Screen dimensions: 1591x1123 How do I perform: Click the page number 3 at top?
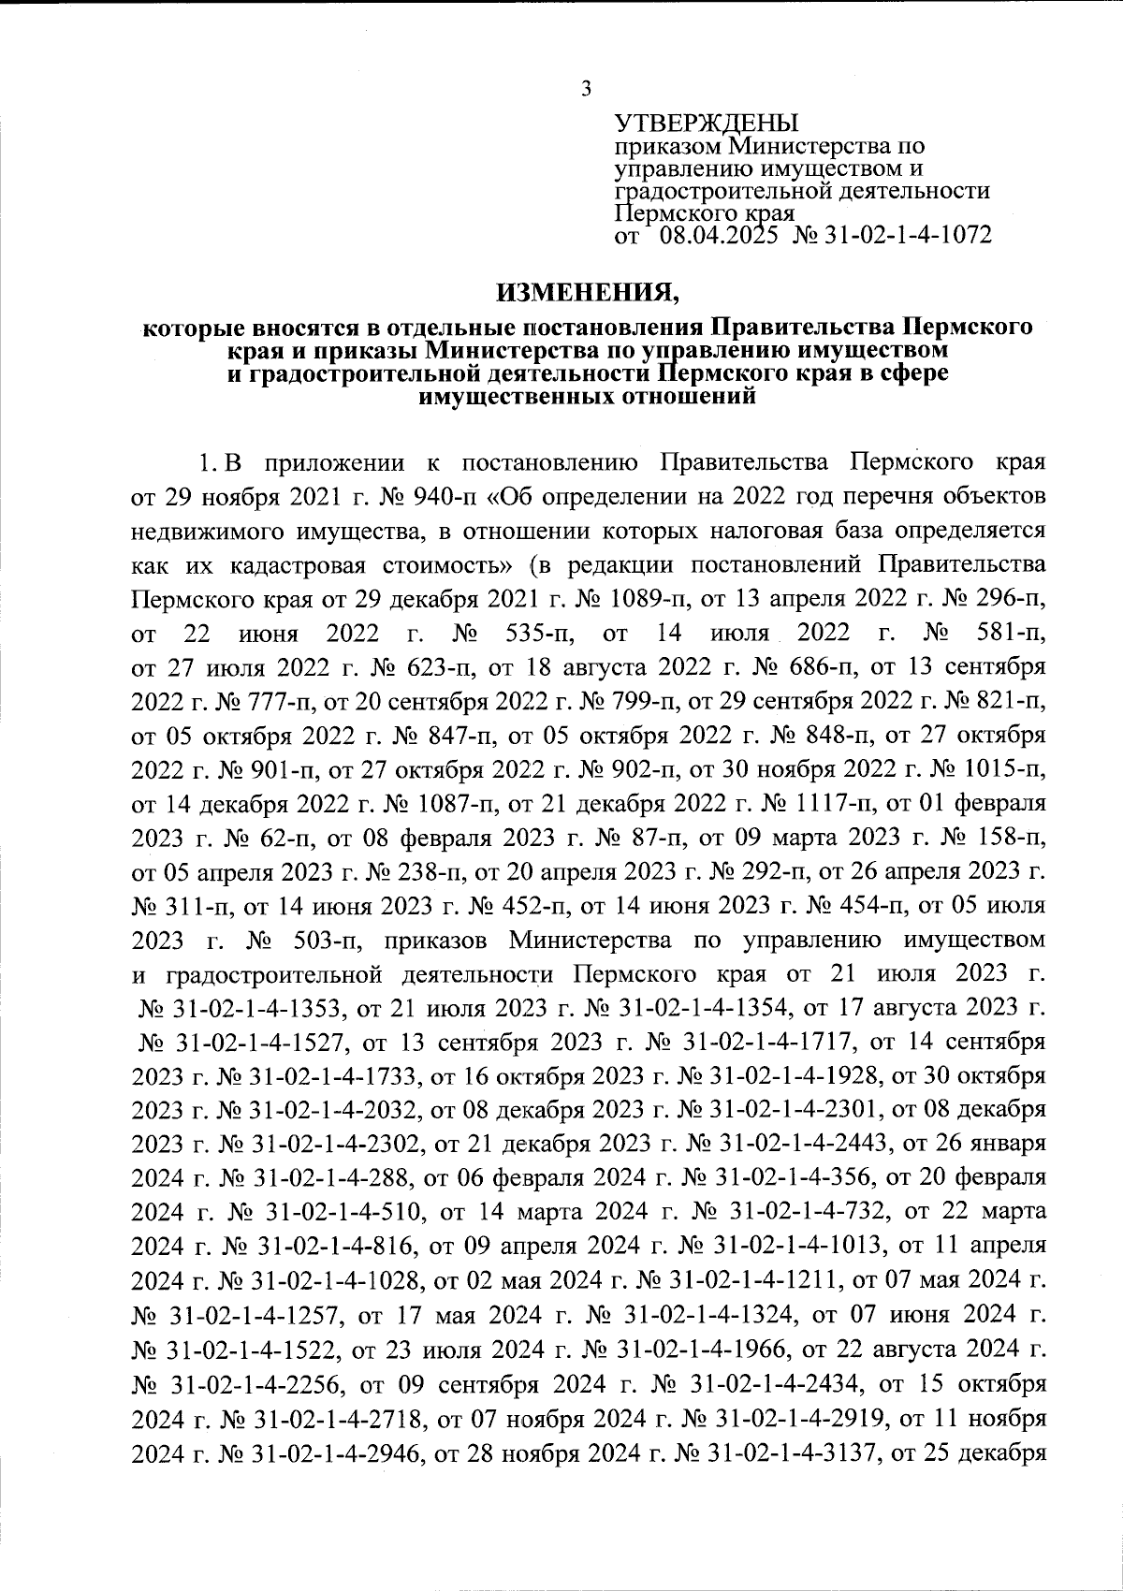pos(586,90)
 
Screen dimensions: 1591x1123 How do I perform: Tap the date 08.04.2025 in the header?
pos(718,236)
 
